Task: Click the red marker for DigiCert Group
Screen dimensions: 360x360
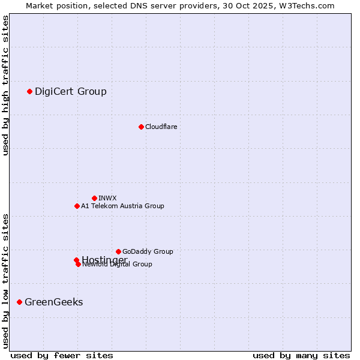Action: click(x=29, y=91)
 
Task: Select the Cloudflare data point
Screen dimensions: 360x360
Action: click(x=141, y=127)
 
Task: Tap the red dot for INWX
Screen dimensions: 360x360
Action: click(x=94, y=198)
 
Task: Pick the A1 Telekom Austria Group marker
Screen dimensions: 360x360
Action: click(x=77, y=206)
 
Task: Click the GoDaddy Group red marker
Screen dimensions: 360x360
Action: click(x=118, y=251)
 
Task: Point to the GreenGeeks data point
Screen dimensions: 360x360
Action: click(x=19, y=302)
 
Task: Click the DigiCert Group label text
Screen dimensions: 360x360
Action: click(x=70, y=91)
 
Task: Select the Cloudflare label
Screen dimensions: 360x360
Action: click(x=161, y=127)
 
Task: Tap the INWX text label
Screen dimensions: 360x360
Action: click(x=107, y=198)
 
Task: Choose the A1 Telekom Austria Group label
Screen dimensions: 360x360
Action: click(x=122, y=206)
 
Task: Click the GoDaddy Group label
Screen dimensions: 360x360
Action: click(x=148, y=251)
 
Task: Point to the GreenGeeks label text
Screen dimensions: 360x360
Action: click(x=53, y=302)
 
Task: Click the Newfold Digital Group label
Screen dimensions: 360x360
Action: click(x=117, y=265)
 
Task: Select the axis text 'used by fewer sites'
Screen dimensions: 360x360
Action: click(x=62, y=355)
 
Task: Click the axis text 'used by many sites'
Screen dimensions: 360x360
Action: click(x=301, y=355)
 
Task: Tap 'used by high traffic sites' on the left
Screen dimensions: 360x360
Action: click(x=6, y=85)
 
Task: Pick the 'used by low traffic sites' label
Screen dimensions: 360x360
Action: click(x=6, y=280)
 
